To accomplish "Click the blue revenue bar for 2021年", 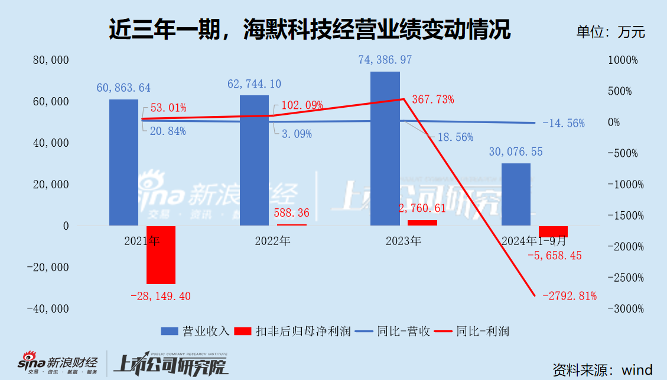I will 123,162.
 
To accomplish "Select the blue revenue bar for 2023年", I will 385,149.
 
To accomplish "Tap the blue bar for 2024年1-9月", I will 516,194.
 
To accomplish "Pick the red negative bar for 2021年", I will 161,255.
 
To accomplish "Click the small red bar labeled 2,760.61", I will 422,223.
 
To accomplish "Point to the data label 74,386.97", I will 385,60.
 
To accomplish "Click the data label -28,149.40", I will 161,296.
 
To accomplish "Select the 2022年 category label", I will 272,241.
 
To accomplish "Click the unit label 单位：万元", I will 610,31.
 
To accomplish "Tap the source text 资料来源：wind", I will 603,370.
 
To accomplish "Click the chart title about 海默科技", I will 310,30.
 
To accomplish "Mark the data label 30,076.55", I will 516,152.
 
